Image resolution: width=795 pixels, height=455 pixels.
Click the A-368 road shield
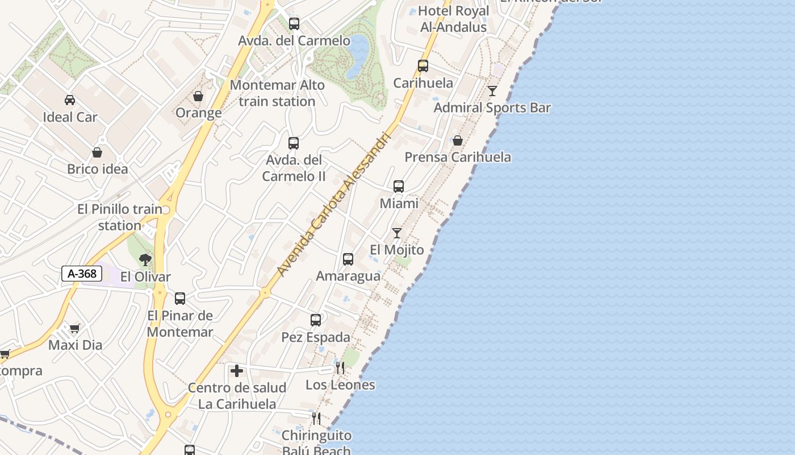tap(82, 274)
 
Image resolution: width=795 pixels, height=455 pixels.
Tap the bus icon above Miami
tap(399, 186)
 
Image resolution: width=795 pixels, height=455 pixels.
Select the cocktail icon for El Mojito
tap(397, 233)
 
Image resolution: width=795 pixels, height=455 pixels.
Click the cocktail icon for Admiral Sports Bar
tap(492, 91)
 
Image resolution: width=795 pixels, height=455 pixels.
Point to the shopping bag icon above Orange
tap(198, 96)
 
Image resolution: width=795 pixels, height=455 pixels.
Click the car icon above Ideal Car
tap(70, 100)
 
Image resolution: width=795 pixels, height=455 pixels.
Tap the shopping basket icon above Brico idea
tap(97, 152)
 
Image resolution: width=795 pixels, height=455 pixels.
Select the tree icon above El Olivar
tap(145, 260)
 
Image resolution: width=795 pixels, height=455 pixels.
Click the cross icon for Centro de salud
tap(237, 371)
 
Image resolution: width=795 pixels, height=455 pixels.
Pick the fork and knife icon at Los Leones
tap(340, 368)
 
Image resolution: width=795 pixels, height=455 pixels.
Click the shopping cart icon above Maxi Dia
tap(75, 328)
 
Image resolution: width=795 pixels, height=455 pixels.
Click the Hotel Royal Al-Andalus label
tap(454, 19)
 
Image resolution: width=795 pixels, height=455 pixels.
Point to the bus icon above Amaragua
tap(348, 259)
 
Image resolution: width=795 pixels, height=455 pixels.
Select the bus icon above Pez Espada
tap(316, 320)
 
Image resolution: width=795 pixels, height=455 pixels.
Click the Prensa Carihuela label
tap(458, 157)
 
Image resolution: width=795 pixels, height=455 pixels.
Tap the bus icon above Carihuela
tap(423, 66)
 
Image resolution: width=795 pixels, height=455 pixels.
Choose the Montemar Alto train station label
tap(277, 93)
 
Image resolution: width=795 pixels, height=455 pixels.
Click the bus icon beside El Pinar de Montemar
tap(180, 298)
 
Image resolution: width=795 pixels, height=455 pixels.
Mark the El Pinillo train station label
tap(120, 217)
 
